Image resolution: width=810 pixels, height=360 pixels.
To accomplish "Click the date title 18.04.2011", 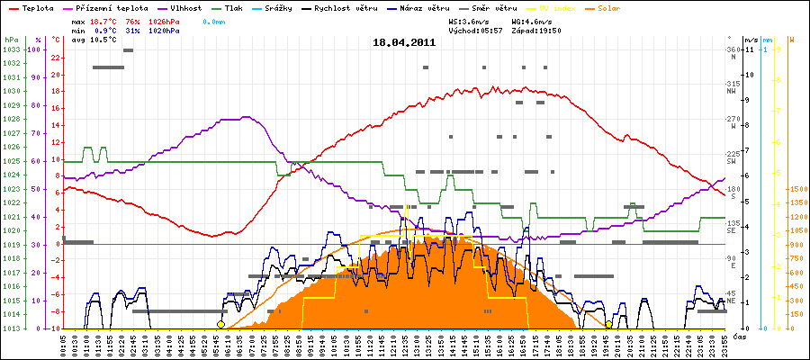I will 405,42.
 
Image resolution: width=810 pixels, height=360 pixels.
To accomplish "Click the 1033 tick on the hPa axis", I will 11,49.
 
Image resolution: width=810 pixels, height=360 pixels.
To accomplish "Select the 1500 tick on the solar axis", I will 796,189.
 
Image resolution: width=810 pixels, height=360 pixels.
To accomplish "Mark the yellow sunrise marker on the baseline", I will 220,324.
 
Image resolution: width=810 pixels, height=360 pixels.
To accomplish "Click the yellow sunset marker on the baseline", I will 609,324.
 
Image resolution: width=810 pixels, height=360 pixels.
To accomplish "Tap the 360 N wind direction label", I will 732,52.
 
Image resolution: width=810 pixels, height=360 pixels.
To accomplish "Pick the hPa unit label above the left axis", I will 11,40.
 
